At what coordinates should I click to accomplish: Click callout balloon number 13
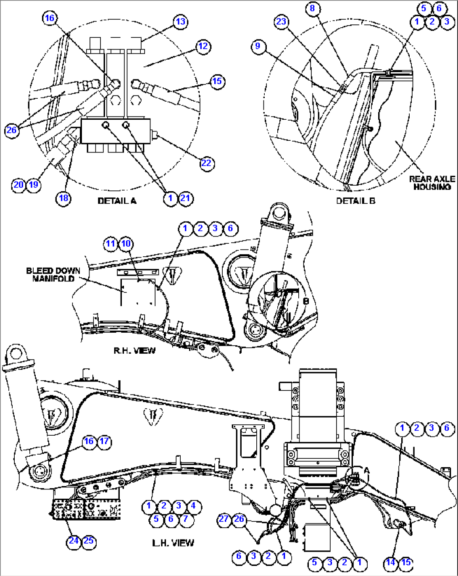tap(180, 21)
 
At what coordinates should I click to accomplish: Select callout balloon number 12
tap(203, 46)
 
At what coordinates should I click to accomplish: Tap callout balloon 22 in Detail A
tap(206, 163)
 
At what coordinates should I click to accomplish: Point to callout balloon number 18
tap(63, 198)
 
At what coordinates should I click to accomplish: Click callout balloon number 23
tap(282, 21)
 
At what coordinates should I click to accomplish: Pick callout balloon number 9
tap(258, 46)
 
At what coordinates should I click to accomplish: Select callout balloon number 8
tap(312, 8)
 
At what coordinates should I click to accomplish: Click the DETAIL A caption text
tap(117, 201)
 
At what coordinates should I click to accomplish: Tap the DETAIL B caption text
tap(355, 201)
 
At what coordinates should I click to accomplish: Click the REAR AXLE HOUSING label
tap(432, 183)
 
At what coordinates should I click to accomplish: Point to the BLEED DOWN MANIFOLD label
tap(53, 275)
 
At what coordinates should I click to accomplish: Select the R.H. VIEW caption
tap(134, 350)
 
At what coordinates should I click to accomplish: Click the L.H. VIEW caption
tap(173, 543)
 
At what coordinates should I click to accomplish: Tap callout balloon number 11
tap(111, 244)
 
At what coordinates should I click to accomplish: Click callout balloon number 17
tap(104, 441)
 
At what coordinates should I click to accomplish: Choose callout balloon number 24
tap(74, 540)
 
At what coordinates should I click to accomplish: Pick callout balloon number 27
tap(224, 519)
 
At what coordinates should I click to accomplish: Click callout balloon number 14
tap(391, 562)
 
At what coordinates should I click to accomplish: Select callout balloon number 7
tap(185, 519)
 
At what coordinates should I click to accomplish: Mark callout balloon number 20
tap(18, 184)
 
